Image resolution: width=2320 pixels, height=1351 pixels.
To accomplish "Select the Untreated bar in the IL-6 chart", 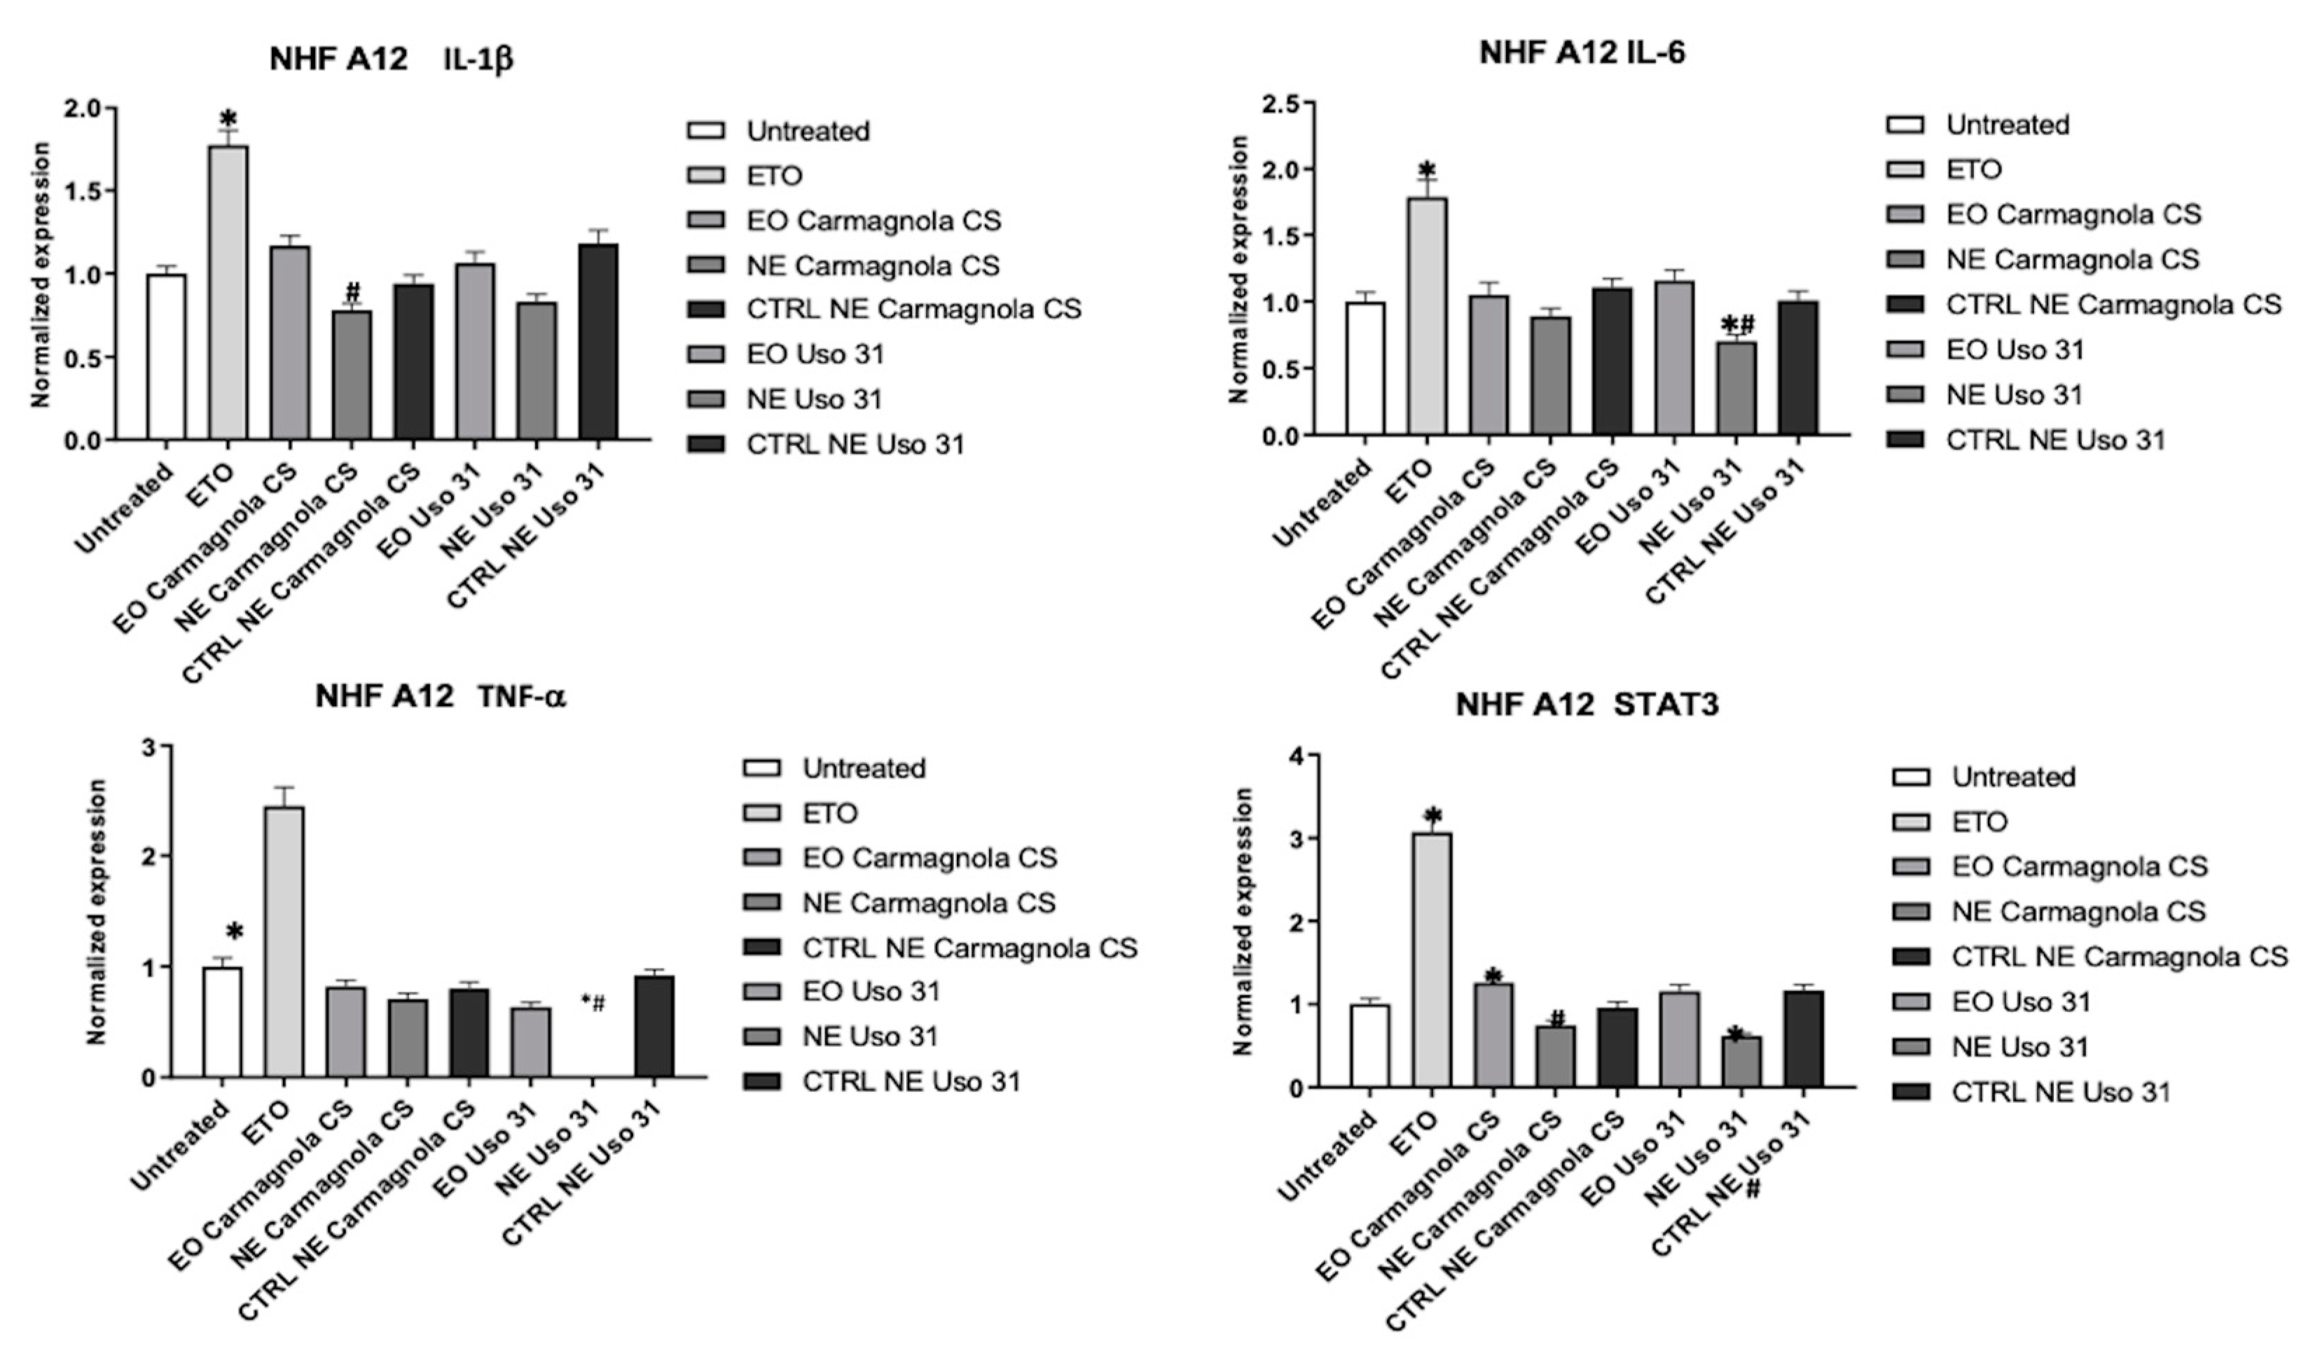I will click(x=1365, y=368).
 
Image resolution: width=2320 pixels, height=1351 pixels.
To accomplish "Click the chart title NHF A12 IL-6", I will click(x=1582, y=53).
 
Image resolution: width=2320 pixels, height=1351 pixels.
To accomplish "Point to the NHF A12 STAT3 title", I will click(x=1587, y=705).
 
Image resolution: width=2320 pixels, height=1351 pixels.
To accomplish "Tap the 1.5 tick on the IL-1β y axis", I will click(x=85, y=191).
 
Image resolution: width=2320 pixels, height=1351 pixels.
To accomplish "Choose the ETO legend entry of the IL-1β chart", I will click(x=773, y=175).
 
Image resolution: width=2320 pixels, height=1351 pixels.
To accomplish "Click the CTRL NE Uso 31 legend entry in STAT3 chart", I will click(x=2059, y=1093).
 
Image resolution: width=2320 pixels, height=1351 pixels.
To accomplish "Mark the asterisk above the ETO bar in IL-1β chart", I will click(x=228, y=120).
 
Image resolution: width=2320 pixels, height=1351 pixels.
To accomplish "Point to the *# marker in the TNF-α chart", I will click(x=593, y=1002).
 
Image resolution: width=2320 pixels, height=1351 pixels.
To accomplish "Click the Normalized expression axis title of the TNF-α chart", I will click(x=97, y=911).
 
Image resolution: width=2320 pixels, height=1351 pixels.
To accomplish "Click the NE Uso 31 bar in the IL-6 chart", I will click(x=1735, y=387).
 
